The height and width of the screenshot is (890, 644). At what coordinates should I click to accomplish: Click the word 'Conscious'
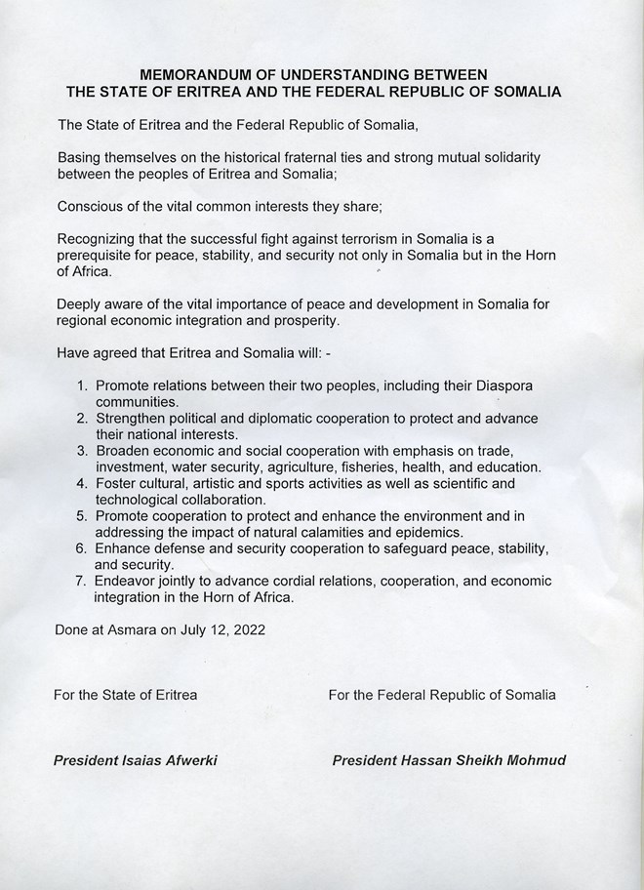tap(90, 206)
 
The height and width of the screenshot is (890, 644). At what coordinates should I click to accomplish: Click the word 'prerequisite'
tap(97, 256)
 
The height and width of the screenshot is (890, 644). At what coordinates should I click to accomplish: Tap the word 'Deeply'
tap(80, 303)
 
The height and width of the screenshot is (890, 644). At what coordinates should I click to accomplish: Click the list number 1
tap(82, 385)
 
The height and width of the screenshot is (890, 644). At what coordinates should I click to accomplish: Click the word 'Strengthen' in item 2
tap(133, 419)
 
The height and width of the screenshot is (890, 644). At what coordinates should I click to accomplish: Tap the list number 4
tap(82, 484)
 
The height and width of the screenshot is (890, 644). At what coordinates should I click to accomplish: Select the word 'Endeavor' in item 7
tap(127, 581)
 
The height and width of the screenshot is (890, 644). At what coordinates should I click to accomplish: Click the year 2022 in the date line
tap(249, 629)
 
